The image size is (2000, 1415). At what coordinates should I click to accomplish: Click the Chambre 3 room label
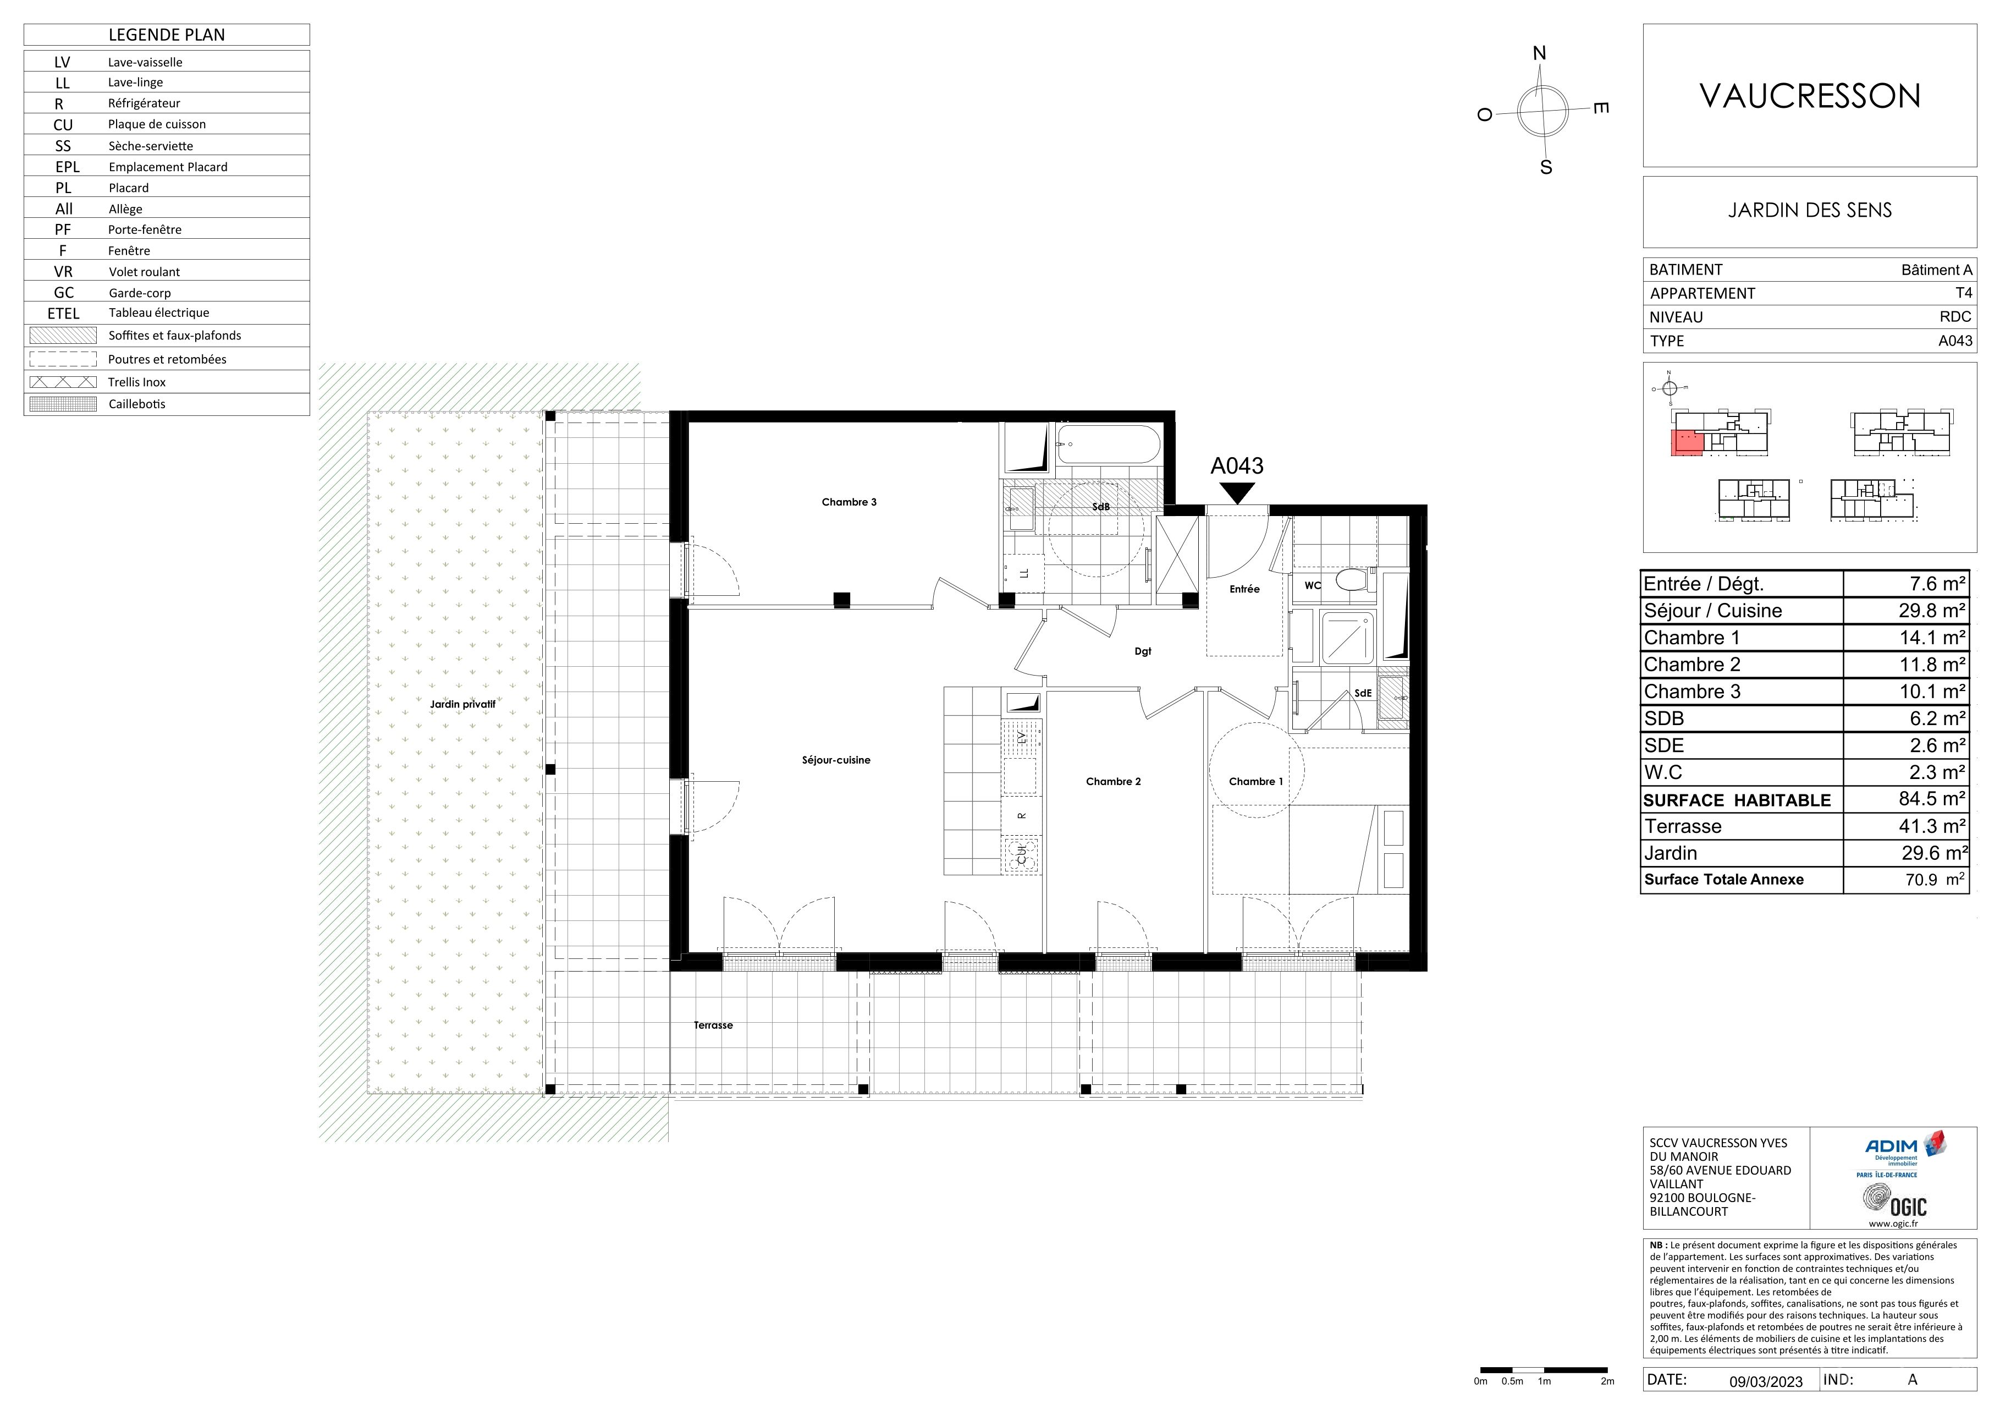849,502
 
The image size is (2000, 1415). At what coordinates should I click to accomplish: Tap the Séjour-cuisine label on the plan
836,760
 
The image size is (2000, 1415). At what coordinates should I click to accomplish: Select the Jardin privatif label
462,704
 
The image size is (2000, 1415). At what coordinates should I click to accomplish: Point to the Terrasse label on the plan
713,1025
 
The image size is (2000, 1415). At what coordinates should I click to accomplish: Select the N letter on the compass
1539,54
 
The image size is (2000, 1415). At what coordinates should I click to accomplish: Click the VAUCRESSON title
1810,96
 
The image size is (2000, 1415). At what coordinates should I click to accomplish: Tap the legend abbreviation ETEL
64,314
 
